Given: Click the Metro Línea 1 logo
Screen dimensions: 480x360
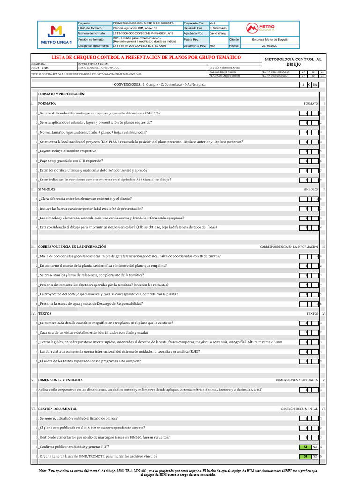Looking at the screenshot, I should [x=56, y=34].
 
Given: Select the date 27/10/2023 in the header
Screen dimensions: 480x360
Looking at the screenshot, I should [x=270, y=46].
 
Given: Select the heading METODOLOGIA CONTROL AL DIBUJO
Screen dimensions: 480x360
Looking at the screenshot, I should [x=293, y=62].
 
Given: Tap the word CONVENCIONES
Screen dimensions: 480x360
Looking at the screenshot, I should [x=128, y=84].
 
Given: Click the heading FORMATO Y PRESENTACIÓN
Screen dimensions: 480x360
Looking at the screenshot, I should [x=61, y=94].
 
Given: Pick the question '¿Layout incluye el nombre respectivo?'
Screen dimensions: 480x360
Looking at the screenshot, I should [x=68, y=151].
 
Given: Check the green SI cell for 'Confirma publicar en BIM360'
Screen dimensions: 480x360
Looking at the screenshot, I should [x=305, y=447].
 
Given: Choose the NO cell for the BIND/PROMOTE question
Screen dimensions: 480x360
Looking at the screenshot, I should [x=315, y=456].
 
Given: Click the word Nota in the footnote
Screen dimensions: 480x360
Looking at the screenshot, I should [x=43, y=469].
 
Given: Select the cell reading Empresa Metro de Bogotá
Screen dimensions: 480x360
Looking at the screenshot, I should [x=270, y=40].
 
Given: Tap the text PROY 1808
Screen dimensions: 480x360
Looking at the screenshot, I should [x=39, y=68].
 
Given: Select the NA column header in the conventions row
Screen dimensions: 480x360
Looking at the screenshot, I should [x=315, y=85].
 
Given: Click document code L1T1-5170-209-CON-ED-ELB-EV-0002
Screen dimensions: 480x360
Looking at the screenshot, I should [x=140, y=46].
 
